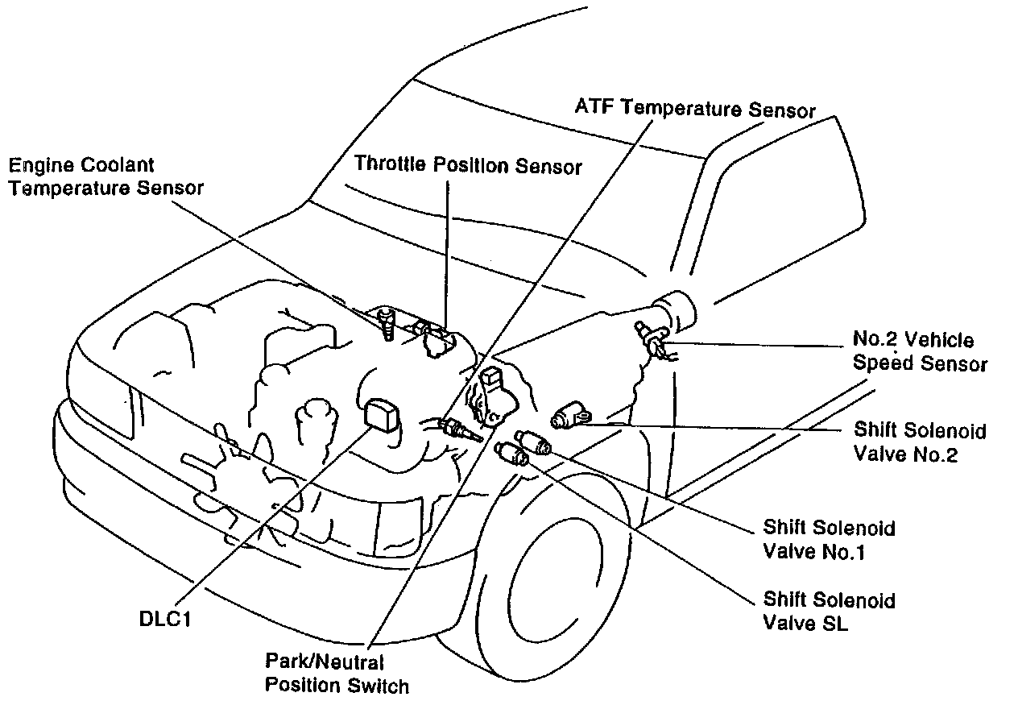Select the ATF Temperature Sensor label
click(695, 109)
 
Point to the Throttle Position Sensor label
click(469, 167)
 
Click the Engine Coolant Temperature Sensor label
click(106, 176)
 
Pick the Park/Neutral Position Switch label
click(337, 674)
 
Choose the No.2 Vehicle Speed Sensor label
click(920, 352)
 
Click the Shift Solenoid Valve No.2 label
click(920, 442)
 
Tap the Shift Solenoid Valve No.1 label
click(829, 541)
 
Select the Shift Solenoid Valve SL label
click(829, 612)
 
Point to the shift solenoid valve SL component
click(512, 454)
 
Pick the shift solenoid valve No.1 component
click(532, 441)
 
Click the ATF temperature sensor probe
click(459, 429)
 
